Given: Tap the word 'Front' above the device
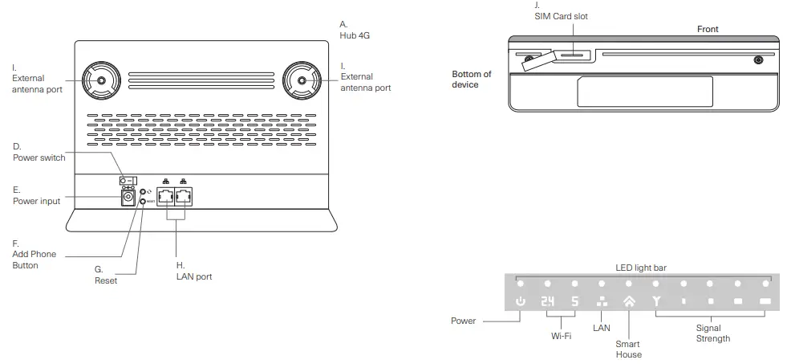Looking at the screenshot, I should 708,29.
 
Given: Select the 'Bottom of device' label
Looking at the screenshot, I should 472,80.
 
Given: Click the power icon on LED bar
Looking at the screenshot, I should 521,302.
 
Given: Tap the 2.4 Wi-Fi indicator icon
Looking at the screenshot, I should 547,302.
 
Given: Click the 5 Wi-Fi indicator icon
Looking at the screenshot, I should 574,302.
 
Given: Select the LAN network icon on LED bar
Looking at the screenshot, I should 602,302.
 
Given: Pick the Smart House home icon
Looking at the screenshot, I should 628,302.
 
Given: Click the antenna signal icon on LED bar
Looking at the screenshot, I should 656,302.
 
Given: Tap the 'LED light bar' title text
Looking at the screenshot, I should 641,267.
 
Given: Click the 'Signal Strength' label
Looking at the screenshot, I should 708,333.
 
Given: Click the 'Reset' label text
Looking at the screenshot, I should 105,281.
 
